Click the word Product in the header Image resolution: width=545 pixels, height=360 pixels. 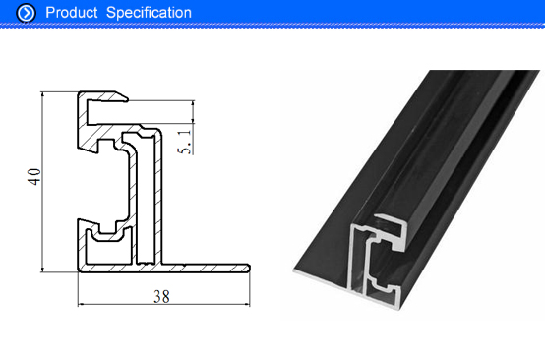[x=71, y=13]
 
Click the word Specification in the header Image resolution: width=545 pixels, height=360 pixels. [x=149, y=13]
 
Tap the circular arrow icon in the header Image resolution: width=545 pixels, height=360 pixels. [x=26, y=13]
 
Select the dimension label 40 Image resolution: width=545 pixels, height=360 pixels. [x=34, y=177]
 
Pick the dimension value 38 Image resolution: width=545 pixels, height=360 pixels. [x=161, y=297]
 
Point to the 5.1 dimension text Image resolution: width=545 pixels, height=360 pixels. [x=184, y=142]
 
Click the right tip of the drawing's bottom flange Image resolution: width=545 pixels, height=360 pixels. [x=249, y=268]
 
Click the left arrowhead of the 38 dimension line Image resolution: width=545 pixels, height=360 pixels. [x=81, y=305]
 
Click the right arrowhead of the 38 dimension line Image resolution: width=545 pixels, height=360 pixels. [x=247, y=305]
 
